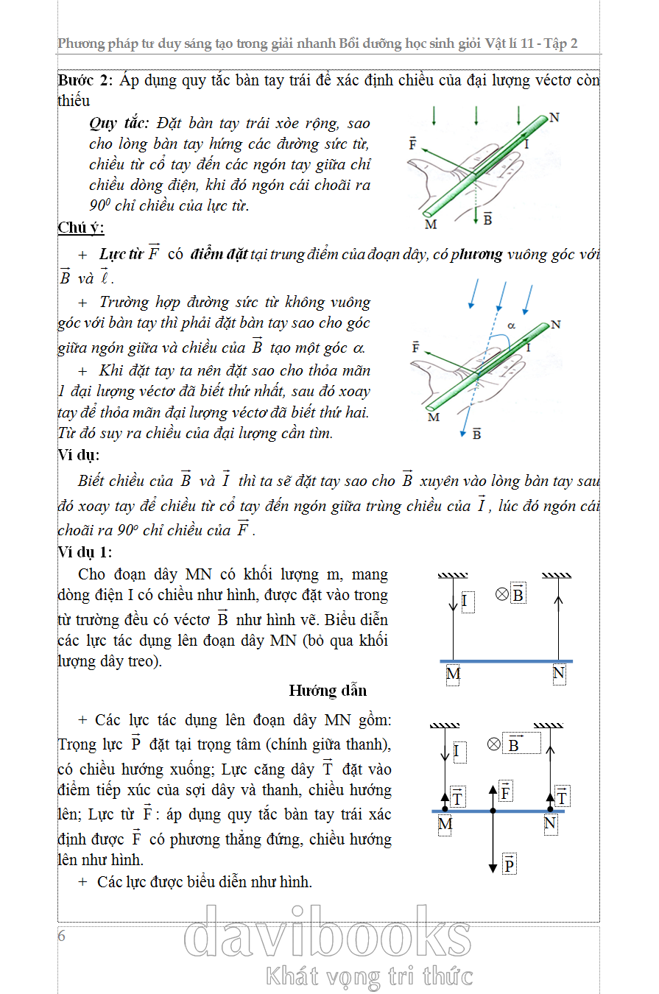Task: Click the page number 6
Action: click(62, 936)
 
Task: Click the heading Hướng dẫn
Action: click(328, 691)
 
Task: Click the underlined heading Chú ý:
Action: click(81, 228)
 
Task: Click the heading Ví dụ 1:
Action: click(85, 552)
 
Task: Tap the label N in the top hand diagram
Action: click(554, 118)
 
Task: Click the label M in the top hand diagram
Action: click(431, 224)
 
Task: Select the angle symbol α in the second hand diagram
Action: click(511, 324)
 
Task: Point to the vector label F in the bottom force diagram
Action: click(506, 792)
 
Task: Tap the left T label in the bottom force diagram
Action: click(457, 797)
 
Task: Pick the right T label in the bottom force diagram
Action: click(563, 797)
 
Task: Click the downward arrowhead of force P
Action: click(493, 869)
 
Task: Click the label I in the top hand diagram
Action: click(526, 145)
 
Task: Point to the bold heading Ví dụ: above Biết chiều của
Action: click(78, 455)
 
